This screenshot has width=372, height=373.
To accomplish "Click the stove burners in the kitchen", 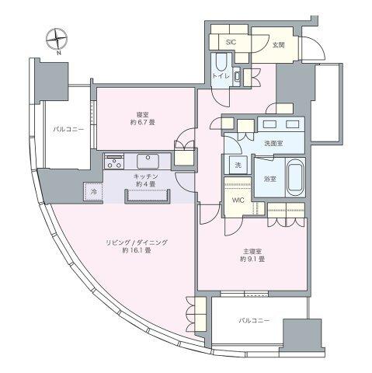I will (115, 162).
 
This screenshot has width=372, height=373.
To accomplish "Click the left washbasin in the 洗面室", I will (270, 124).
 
